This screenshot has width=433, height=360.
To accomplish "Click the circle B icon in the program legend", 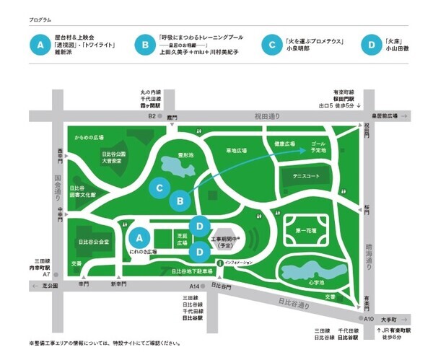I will [x=146, y=44].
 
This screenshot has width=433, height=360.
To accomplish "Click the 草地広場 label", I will [x=237, y=152].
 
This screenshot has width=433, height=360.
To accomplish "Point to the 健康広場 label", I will [x=286, y=144].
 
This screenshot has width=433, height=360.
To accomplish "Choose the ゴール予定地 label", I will [x=318, y=149].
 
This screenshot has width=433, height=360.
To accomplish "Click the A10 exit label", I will [x=368, y=318].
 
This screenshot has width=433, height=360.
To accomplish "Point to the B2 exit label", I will [x=152, y=116].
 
